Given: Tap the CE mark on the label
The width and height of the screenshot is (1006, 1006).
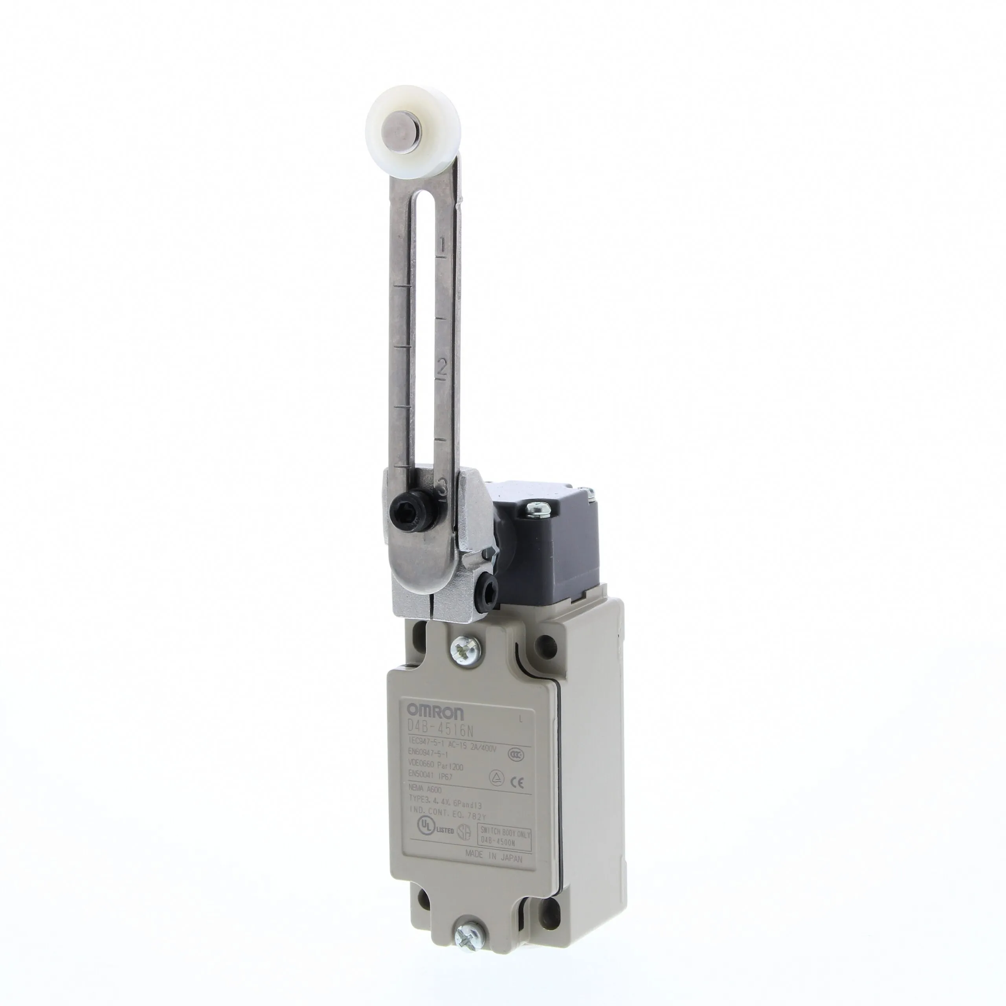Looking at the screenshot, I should tap(518, 782).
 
